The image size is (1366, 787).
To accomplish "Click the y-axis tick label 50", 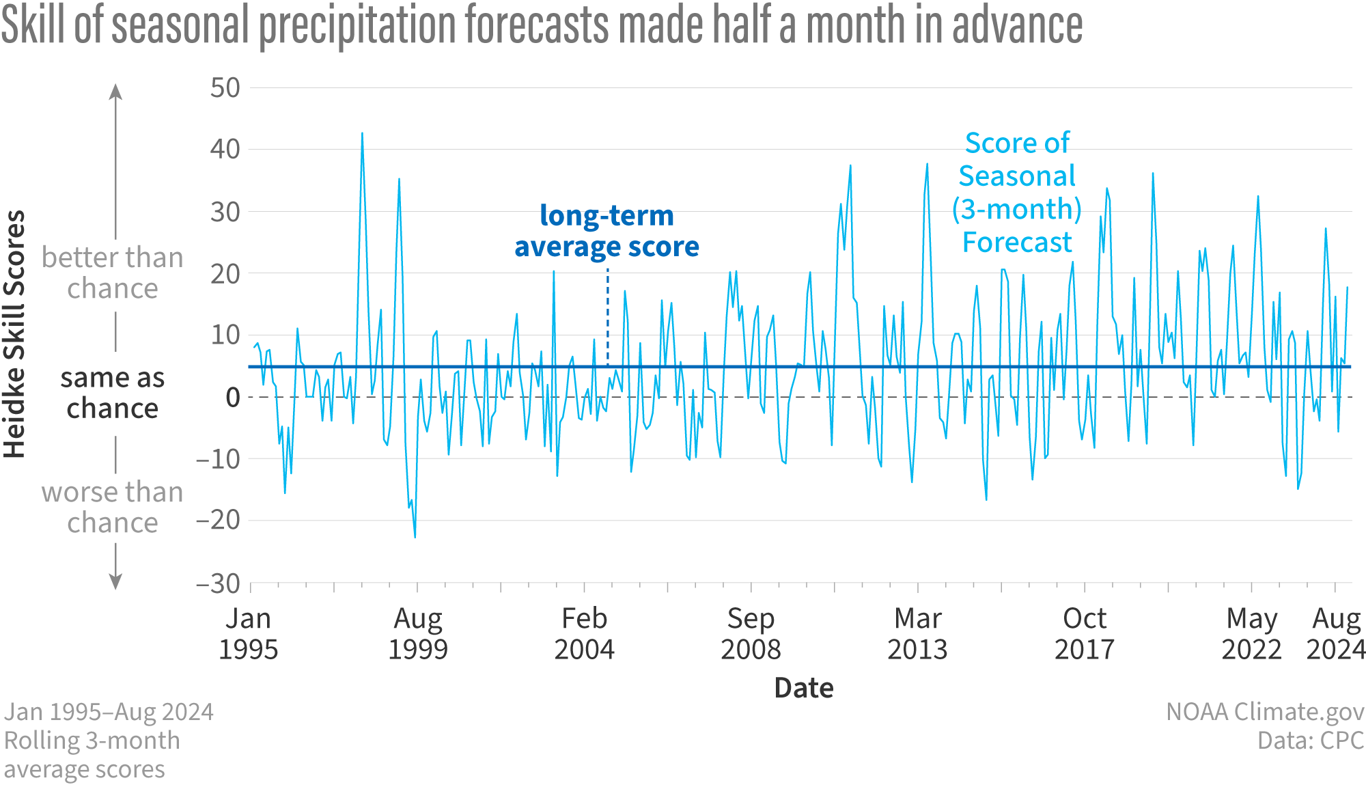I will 225,88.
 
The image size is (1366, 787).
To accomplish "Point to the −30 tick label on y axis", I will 218,584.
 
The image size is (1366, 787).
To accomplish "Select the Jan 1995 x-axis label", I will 248,633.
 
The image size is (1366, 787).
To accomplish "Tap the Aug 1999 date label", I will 418,633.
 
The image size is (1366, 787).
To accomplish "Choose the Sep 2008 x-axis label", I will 751,633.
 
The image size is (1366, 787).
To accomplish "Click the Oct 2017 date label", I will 1085,633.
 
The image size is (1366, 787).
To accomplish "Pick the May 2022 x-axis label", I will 1251,633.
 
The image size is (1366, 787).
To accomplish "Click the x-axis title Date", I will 804,688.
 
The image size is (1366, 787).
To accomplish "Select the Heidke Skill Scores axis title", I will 15,334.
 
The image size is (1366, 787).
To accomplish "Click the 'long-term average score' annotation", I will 607,231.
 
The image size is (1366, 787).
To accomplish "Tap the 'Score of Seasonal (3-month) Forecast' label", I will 1017,193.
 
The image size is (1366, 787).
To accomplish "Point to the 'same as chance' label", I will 113,393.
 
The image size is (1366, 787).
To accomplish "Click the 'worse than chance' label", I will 113,507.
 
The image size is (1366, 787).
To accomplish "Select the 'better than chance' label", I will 113,273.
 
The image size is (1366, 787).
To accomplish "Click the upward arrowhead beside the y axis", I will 116,91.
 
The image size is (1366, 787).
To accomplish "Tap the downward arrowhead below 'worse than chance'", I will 116,582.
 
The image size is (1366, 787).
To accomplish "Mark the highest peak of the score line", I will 362,133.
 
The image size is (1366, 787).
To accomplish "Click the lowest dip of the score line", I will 415,537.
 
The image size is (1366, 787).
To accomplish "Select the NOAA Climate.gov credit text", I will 1264,711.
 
